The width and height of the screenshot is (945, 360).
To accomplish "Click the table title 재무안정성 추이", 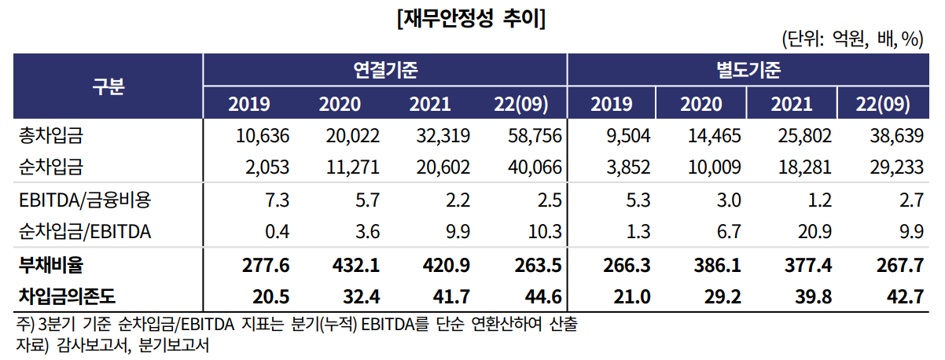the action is tap(471, 19).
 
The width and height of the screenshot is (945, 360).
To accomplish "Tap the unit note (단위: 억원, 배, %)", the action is tap(852, 39).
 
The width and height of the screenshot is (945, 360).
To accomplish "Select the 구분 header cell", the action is tap(108, 86).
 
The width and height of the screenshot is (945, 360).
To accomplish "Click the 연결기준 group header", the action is tap(385, 70).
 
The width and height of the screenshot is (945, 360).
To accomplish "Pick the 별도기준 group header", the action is tap(748, 70).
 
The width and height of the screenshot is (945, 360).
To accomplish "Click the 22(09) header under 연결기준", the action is tap(521, 104).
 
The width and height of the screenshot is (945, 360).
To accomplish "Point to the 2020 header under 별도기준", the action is tap(701, 104).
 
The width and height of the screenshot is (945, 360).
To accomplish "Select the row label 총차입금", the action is tap(51, 136).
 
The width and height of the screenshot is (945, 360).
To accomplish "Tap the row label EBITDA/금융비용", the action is tap(85, 200).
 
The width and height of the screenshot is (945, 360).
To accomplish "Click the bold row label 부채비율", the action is tap(51, 265).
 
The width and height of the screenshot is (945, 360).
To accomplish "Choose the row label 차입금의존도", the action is tap(67, 296).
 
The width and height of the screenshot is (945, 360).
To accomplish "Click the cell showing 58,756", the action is tap(535, 136).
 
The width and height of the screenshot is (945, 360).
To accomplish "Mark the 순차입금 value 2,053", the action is tap(267, 167).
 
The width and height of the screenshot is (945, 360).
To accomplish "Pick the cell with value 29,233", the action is tap(896, 167).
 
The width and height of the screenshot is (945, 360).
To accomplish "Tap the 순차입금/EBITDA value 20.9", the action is tap(814, 232).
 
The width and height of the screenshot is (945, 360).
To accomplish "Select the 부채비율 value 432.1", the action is tap(355, 265).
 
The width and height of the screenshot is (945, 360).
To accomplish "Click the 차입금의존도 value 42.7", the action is tap(906, 297).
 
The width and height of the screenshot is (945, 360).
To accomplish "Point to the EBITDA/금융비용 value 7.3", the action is tap(278, 200).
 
